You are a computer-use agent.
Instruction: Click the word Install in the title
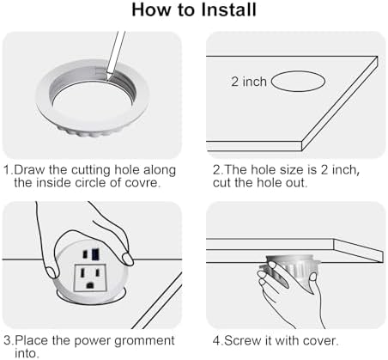coord(228,9)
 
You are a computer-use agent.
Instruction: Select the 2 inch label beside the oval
coord(249,82)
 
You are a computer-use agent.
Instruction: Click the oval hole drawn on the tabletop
coord(298,82)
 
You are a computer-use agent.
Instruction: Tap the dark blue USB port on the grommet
coord(95,254)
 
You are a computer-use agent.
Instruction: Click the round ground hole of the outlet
coord(90,285)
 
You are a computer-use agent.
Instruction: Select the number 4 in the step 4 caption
coord(216,341)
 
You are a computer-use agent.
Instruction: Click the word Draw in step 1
coord(29,170)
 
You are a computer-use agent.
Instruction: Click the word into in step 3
coord(26,353)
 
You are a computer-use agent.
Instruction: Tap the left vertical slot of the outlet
coord(82,272)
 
